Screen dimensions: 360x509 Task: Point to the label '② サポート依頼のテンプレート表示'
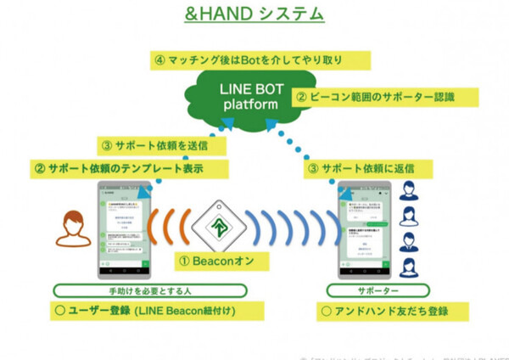pos(131,168)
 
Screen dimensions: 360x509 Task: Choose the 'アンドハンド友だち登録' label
pos(383,311)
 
